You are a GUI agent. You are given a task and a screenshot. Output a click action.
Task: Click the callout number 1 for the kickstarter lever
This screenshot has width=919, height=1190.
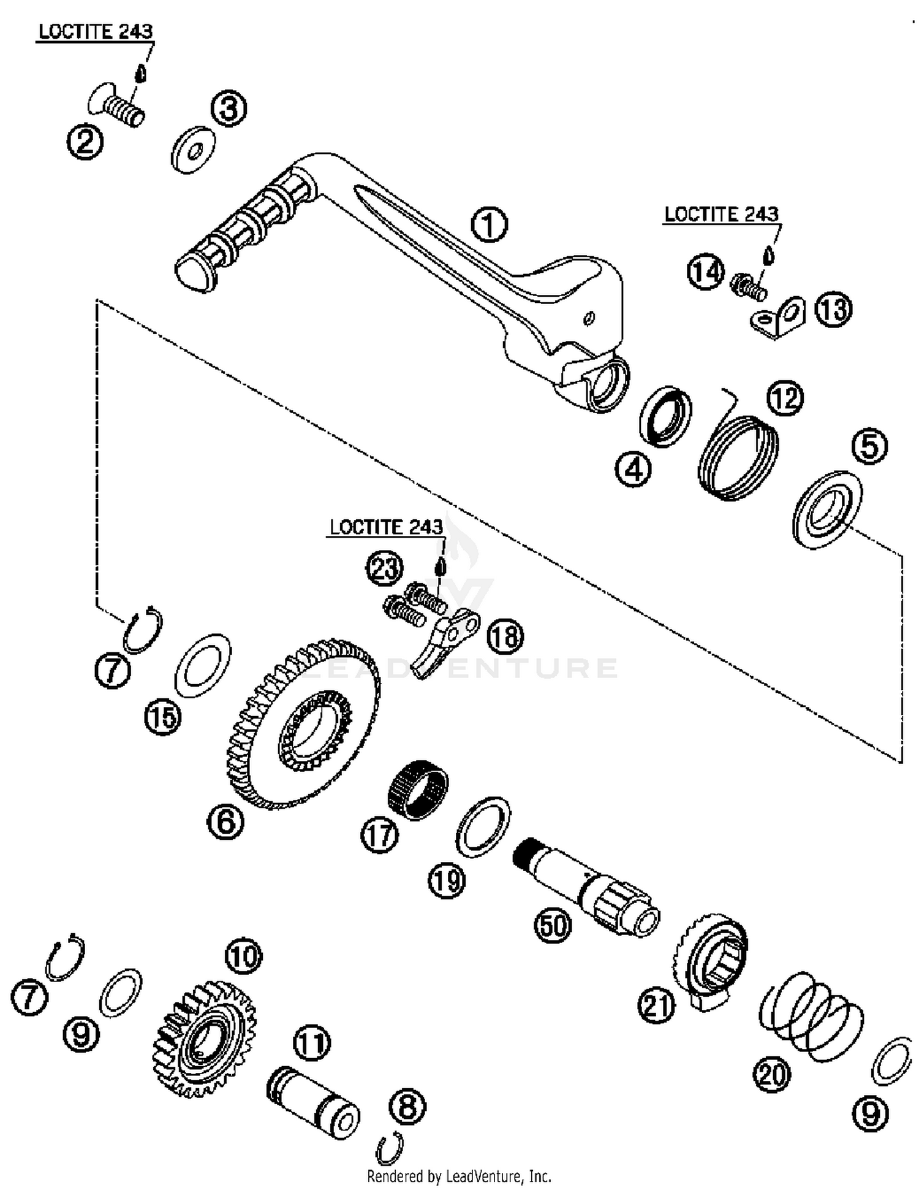coord(489,224)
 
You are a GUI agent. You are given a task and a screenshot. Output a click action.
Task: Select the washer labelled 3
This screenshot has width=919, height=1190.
coord(193,150)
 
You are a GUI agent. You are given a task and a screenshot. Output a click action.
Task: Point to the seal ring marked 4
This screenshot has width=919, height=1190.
coord(665,416)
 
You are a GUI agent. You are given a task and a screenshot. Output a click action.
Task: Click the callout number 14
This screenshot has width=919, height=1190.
coord(705,272)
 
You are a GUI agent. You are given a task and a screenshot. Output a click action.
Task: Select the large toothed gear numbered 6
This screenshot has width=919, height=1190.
coord(300,723)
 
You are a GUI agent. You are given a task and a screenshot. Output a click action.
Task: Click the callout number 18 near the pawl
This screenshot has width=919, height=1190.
coord(505,636)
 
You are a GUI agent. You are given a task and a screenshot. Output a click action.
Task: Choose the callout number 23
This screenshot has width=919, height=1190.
coord(385,568)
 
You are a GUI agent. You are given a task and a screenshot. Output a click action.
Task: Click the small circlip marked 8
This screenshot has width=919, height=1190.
coord(390,1148)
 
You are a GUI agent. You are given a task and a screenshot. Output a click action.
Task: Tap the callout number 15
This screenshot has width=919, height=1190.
coord(163,716)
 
